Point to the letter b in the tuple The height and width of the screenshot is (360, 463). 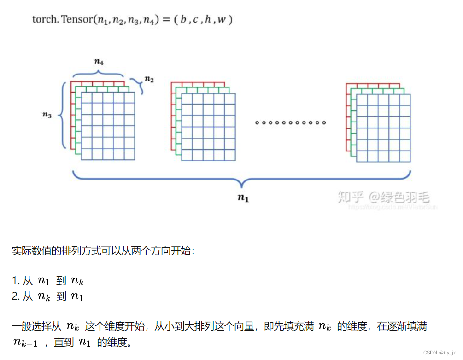tap(183, 20)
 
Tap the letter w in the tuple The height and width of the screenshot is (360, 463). tap(222, 20)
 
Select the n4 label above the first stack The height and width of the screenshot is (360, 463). tap(98, 61)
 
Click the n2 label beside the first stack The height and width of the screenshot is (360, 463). tap(149, 79)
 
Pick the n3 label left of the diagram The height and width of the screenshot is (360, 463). tap(47, 115)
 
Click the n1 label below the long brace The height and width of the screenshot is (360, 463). tap(243, 198)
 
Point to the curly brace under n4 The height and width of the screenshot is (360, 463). tap(98, 72)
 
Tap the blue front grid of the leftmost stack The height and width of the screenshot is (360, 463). tap(108, 126)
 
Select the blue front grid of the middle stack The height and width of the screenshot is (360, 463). tap(208, 127)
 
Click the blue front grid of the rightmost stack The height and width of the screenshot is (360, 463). tap(383, 128)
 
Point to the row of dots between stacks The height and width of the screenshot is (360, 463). tap(291, 122)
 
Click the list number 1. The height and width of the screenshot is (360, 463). tap(15, 280)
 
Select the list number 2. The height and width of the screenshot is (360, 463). tap(15, 296)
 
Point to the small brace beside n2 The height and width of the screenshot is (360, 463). tap(138, 85)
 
